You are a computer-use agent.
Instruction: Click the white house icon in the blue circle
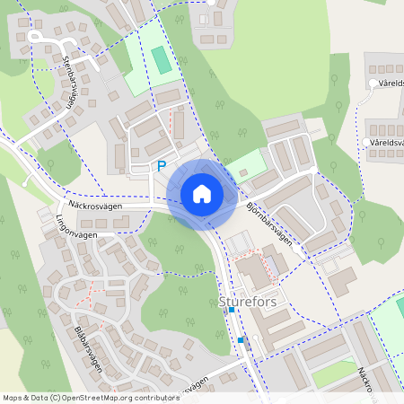pyautogui.click(x=201, y=194)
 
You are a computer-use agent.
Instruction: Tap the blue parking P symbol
pyautogui.click(x=162, y=166)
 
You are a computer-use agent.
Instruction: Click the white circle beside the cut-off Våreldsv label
pyautogui.click(x=373, y=83)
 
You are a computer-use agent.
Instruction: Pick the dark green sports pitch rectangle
pyautogui.click(x=161, y=61)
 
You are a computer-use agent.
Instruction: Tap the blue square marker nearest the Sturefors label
pyautogui.click(x=232, y=310)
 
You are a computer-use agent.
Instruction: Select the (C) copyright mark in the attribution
pyautogui.click(x=55, y=398)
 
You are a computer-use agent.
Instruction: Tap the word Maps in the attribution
pyautogui.click(x=13, y=398)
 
